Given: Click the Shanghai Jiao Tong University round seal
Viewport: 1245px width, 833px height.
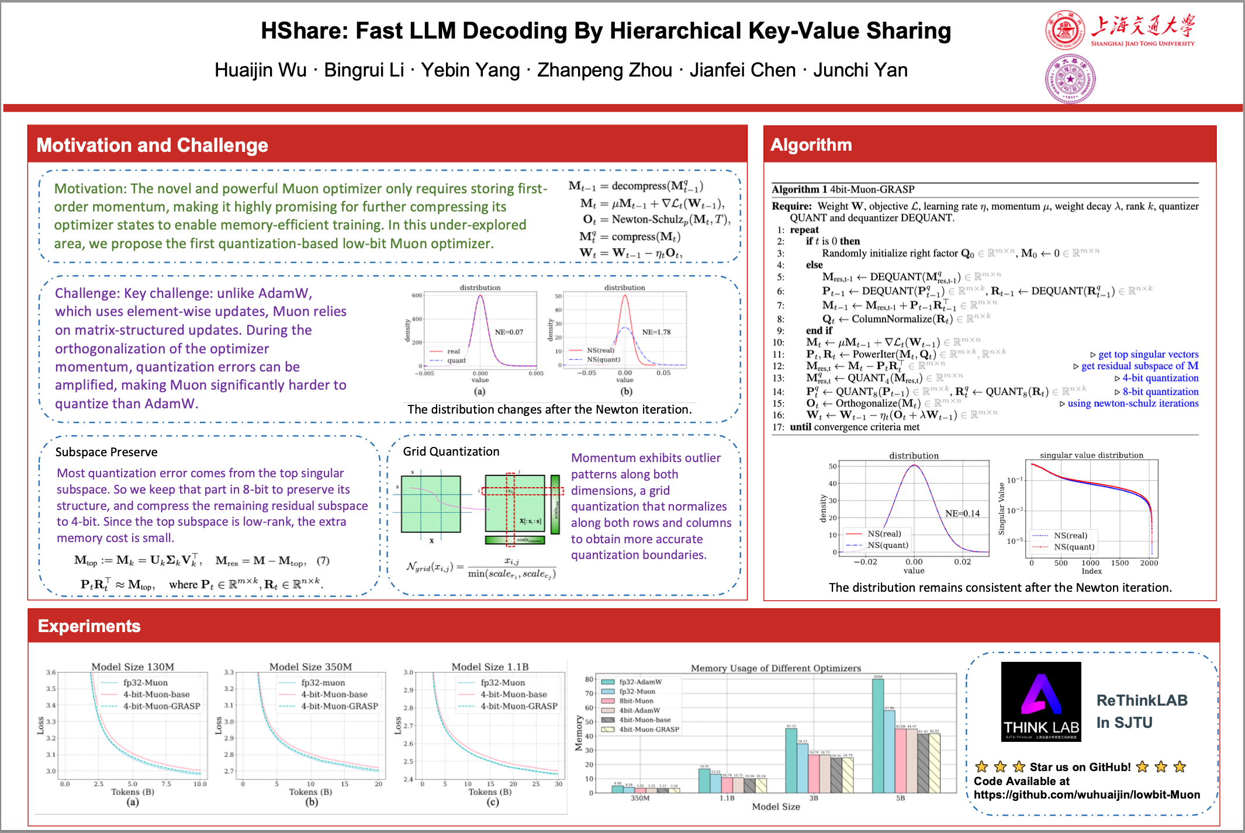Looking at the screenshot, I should (x=1064, y=30).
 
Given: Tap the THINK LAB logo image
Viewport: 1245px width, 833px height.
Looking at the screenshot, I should (x=1041, y=702).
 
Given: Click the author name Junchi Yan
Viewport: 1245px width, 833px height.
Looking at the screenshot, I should (x=860, y=70).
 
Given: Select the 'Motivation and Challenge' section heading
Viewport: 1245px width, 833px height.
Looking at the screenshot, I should (x=152, y=145).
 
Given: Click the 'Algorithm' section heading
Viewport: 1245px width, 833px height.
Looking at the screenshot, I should (x=811, y=144).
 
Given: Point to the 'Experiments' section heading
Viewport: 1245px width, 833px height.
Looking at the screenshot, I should (x=89, y=626).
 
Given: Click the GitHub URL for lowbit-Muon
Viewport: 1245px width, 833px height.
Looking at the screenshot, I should (x=1087, y=794).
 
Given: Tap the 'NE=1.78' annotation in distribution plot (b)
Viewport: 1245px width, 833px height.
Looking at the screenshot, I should (x=656, y=332).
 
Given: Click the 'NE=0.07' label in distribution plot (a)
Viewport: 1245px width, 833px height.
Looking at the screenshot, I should (x=509, y=332).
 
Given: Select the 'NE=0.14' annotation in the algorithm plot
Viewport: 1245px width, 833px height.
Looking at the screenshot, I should (x=962, y=513).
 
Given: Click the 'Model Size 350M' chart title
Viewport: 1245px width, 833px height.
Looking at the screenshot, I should (x=310, y=667).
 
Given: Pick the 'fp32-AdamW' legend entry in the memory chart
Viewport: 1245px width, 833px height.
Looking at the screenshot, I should (x=640, y=682).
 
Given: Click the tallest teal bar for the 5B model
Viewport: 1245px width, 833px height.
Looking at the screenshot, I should (x=878, y=736).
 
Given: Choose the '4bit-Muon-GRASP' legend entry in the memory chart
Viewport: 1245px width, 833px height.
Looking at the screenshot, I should (x=649, y=729).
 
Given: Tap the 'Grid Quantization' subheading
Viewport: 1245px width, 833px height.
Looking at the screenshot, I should (x=451, y=451).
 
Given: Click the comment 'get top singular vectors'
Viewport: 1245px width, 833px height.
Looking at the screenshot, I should (x=1148, y=354).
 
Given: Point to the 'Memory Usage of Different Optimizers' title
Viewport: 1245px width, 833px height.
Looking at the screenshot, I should (x=776, y=668).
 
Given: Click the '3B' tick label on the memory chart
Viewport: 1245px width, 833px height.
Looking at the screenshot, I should (x=814, y=798).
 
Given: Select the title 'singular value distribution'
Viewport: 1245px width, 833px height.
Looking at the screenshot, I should (x=1091, y=455).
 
